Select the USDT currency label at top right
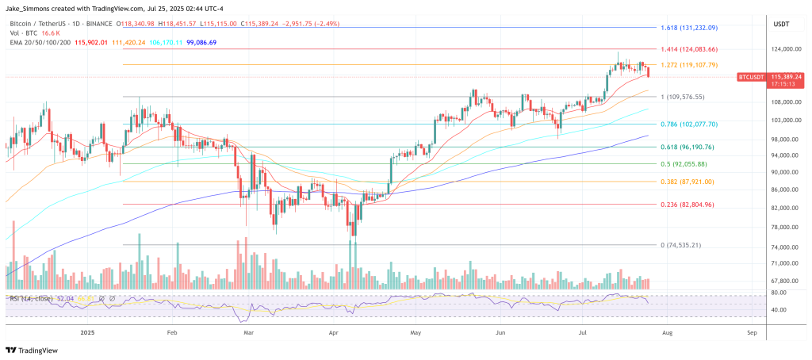pyautogui.click(x=781, y=24)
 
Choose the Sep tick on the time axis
pyautogui.click(x=751, y=334)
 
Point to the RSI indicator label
pyautogui.click(x=32, y=298)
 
